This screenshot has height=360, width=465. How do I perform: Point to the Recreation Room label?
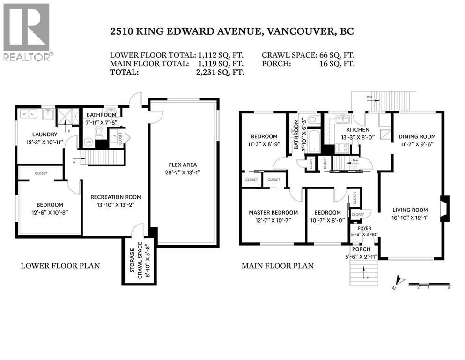(x=116, y=197)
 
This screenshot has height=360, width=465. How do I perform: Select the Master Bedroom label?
(x=273, y=212)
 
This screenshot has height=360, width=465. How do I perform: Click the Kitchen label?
(x=358, y=130)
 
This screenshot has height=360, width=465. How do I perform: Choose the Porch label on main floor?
(x=361, y=249)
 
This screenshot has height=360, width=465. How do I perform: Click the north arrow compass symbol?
(x=399, y=280)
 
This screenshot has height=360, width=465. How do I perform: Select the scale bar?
(x=428, y=285)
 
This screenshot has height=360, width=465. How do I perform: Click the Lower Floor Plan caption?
(x=60, y=266)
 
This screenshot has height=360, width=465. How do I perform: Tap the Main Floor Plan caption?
(x=277, y=266)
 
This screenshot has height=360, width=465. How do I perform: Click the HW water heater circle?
(x=88, y=142)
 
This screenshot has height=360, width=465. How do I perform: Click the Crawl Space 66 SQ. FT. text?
(x=308, y=54)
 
